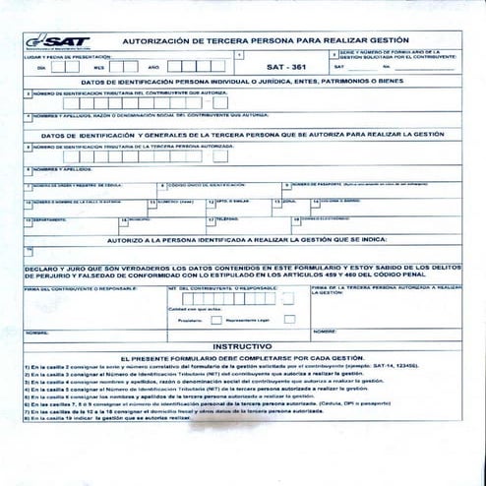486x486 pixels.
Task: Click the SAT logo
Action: click(x=59, y=41)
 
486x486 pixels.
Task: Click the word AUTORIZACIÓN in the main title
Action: click(x=156, y=41)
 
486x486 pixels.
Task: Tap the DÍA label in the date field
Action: click(x=41, y=67)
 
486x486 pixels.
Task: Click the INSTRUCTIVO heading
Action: click(x=242, y=346)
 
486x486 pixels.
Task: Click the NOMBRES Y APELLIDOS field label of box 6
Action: click(x=55, y=168)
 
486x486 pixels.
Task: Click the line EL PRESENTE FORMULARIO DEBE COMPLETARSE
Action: click(x=242, y=359)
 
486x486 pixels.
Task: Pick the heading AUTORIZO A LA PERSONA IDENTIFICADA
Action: click(x=242, y=238)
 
